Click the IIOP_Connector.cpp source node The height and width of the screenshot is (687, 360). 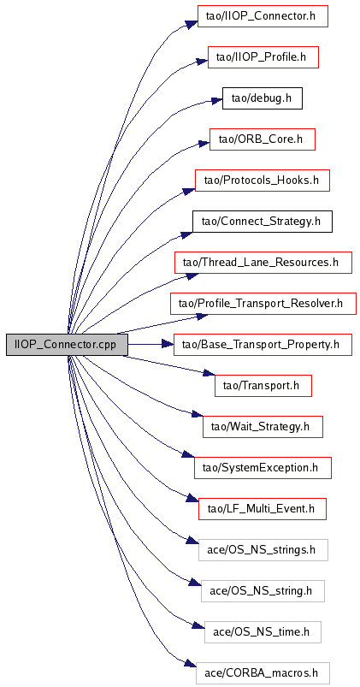[67, 345]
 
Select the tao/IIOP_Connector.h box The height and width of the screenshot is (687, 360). [263, 16]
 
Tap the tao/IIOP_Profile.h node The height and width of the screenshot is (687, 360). [263, 57]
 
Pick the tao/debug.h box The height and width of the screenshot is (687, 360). [263, 98]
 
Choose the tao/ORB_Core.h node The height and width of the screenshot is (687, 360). [263, 139]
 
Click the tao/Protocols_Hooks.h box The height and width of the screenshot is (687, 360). [263, 180]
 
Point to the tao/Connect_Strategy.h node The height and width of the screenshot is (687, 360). [263, 222]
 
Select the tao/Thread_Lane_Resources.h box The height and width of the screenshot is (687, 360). [263, 263]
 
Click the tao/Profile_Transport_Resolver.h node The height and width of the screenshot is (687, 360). [263, 303]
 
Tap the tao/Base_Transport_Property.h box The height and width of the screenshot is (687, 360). [263, 345]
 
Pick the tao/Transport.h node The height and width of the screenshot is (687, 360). [263, 386]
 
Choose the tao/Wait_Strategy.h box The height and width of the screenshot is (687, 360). [263, 426]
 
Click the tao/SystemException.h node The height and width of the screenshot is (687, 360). [263, 467]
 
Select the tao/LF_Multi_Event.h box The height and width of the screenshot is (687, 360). [263, 509]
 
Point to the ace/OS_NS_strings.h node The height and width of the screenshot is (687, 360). [263, 549]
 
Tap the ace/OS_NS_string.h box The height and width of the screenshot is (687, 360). [263, 590]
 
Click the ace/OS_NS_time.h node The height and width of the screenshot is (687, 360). [263, 631]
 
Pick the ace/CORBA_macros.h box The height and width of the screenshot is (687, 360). [263, 672]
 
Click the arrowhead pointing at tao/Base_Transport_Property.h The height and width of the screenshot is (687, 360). [168, 345]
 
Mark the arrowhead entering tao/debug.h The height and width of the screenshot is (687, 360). [216, 100]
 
